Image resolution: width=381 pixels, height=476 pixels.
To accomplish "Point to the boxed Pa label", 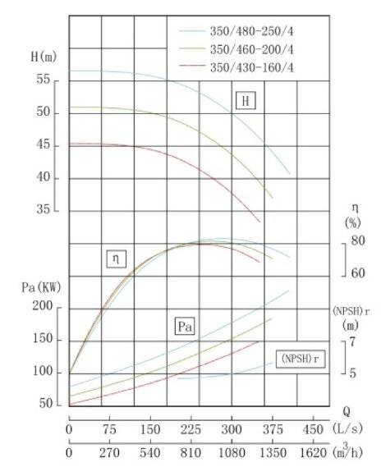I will (186, 327).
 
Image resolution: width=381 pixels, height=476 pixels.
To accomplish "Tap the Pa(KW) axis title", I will (39, 287).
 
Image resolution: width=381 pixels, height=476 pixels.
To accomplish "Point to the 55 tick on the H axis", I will (44, 80).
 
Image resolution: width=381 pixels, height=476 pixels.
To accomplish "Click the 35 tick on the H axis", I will (44, 211).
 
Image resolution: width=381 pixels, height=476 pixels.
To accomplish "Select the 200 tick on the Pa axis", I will (43, 307).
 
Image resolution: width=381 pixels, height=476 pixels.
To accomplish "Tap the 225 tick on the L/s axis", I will (190, 428).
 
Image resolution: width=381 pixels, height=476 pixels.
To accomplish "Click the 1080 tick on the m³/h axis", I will (232, 451).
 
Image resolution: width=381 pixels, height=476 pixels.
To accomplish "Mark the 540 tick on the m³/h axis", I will (150, 451).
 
